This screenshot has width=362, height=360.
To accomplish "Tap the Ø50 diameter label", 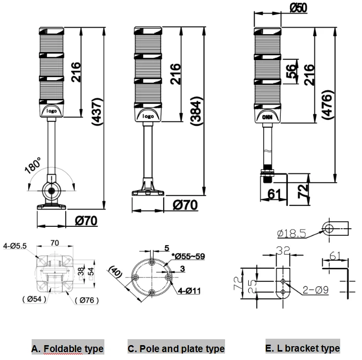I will [x=297, y=8].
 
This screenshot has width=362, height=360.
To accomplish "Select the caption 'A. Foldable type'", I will [x=67, y=349].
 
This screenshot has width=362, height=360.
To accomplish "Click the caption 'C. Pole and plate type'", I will [x=176, y=349].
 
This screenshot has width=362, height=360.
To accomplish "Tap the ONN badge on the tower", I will [x=268, y=117].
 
